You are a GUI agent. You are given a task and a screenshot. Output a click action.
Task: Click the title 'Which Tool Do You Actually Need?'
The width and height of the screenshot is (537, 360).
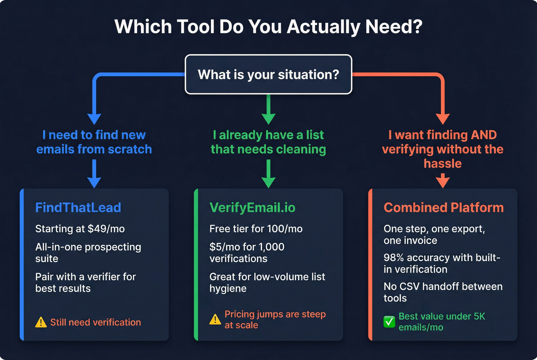click(268, 27)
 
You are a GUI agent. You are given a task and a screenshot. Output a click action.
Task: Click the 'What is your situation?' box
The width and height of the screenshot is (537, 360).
click(268, 74)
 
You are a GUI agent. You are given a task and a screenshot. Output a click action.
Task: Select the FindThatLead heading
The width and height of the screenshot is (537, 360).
click(78, 207)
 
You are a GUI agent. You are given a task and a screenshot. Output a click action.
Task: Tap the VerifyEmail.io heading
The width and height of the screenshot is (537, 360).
click(252, 207)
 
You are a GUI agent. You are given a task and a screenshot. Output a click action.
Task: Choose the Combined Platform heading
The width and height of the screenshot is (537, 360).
click(443, 207)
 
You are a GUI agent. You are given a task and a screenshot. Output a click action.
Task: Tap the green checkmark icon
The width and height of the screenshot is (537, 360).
click(389, 322)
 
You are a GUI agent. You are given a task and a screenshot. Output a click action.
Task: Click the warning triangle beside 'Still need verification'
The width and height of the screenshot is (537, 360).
click(41, 322)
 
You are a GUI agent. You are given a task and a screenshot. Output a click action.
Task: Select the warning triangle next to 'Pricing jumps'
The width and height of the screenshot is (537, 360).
click(215, 319)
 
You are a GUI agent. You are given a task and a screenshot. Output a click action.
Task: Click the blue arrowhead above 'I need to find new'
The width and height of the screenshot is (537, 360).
click(94, 118)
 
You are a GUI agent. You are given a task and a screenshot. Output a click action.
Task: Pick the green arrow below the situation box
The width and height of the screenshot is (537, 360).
click(268, 111)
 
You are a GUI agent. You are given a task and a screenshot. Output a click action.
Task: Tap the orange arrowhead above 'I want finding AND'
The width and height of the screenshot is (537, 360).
click(443, 118)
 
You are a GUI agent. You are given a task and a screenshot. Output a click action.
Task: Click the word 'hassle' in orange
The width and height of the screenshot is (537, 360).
click(443, 164)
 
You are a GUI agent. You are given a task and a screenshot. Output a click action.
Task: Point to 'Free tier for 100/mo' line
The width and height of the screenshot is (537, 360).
click(256, 229)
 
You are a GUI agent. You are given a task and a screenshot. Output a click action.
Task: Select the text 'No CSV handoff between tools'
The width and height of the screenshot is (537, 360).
click(443, 292)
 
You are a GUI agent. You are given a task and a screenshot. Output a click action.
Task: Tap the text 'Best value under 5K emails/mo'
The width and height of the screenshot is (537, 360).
click(441, 322)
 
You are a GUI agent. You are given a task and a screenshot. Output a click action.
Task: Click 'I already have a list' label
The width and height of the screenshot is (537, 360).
click(268, 135)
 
